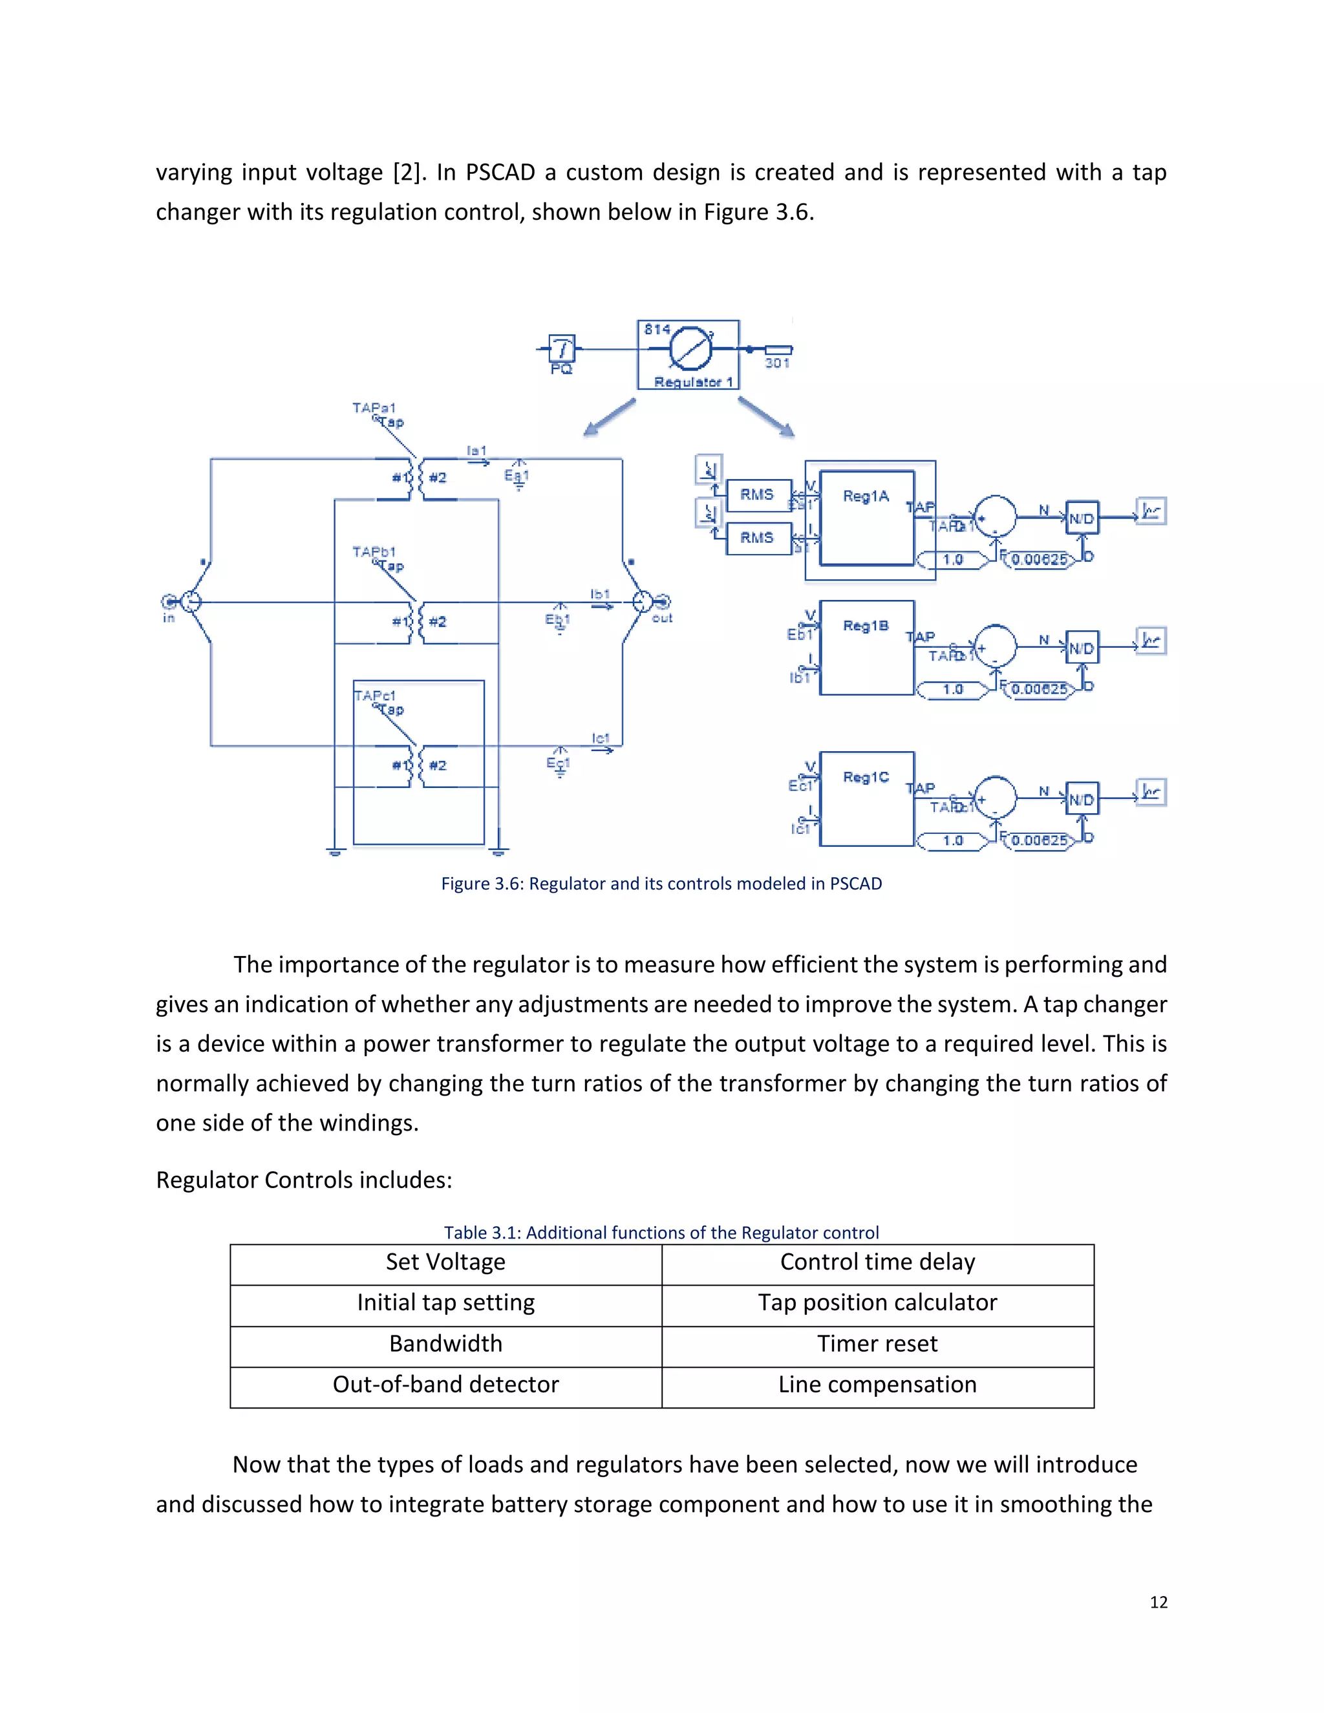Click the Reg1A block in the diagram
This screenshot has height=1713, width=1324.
[867, 518]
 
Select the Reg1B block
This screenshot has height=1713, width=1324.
[867, 648]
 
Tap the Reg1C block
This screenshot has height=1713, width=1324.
[867, 798]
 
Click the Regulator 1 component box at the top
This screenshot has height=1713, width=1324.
[688, 354]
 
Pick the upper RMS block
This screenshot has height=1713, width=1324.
[758, 495]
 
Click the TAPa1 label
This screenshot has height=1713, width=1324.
[374, 408]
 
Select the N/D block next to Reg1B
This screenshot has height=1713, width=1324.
[1082, 648]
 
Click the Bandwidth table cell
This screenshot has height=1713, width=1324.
[445, 1344]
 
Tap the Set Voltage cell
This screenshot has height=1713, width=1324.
[445, 1262]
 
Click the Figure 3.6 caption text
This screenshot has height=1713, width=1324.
[661, 884]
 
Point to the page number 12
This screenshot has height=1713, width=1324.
[1158, 1602]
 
